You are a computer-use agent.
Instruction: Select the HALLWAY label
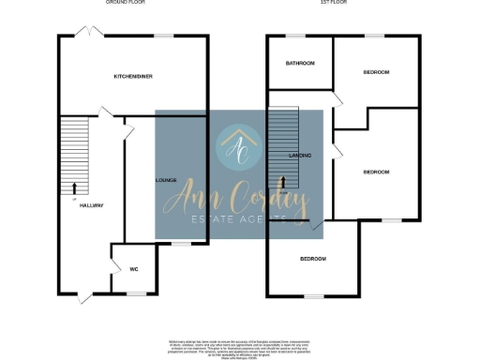click(91, 205)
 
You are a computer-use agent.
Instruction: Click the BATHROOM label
click(300, 63)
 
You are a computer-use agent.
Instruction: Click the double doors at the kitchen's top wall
click(90, 33)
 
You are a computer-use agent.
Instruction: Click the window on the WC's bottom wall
click(136, 293)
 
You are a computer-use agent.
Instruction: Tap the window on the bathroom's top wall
click(299, 37)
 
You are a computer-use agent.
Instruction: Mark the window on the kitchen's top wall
click(165, 37)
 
